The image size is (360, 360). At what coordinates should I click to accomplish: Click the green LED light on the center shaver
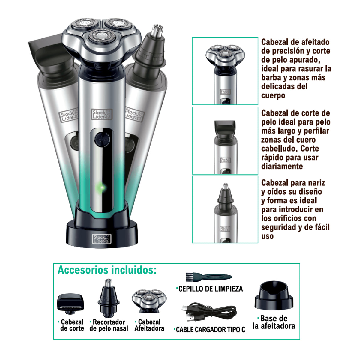click(x=101, y=187)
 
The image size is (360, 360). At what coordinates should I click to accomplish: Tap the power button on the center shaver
click(x=102, y=139)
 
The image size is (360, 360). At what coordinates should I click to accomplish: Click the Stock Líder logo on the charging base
click(x=102, y=239)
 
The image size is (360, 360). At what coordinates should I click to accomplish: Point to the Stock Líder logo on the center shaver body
click(x=102, y=114)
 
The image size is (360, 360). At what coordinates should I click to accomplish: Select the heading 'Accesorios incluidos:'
click(x=107, y=270)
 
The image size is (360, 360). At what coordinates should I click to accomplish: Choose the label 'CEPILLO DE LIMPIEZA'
click(x=210, y=289)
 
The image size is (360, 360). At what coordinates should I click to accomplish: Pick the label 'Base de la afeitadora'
click(x=274, y=322)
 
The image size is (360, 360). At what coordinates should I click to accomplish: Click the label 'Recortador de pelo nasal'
click(x=109, y=325)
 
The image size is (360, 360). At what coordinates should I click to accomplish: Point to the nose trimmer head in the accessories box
click(x=109, y=298)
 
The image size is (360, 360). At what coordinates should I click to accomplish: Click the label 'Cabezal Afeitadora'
click(x=149, y=325)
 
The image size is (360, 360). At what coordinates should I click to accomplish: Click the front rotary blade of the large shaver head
click(x=102, y=36)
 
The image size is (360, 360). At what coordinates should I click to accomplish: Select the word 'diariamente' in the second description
click(x=282, y=166)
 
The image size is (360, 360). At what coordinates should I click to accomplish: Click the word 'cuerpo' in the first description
click(x=273, y=96)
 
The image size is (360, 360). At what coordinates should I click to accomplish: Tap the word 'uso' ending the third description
click(x=267, y=236)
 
